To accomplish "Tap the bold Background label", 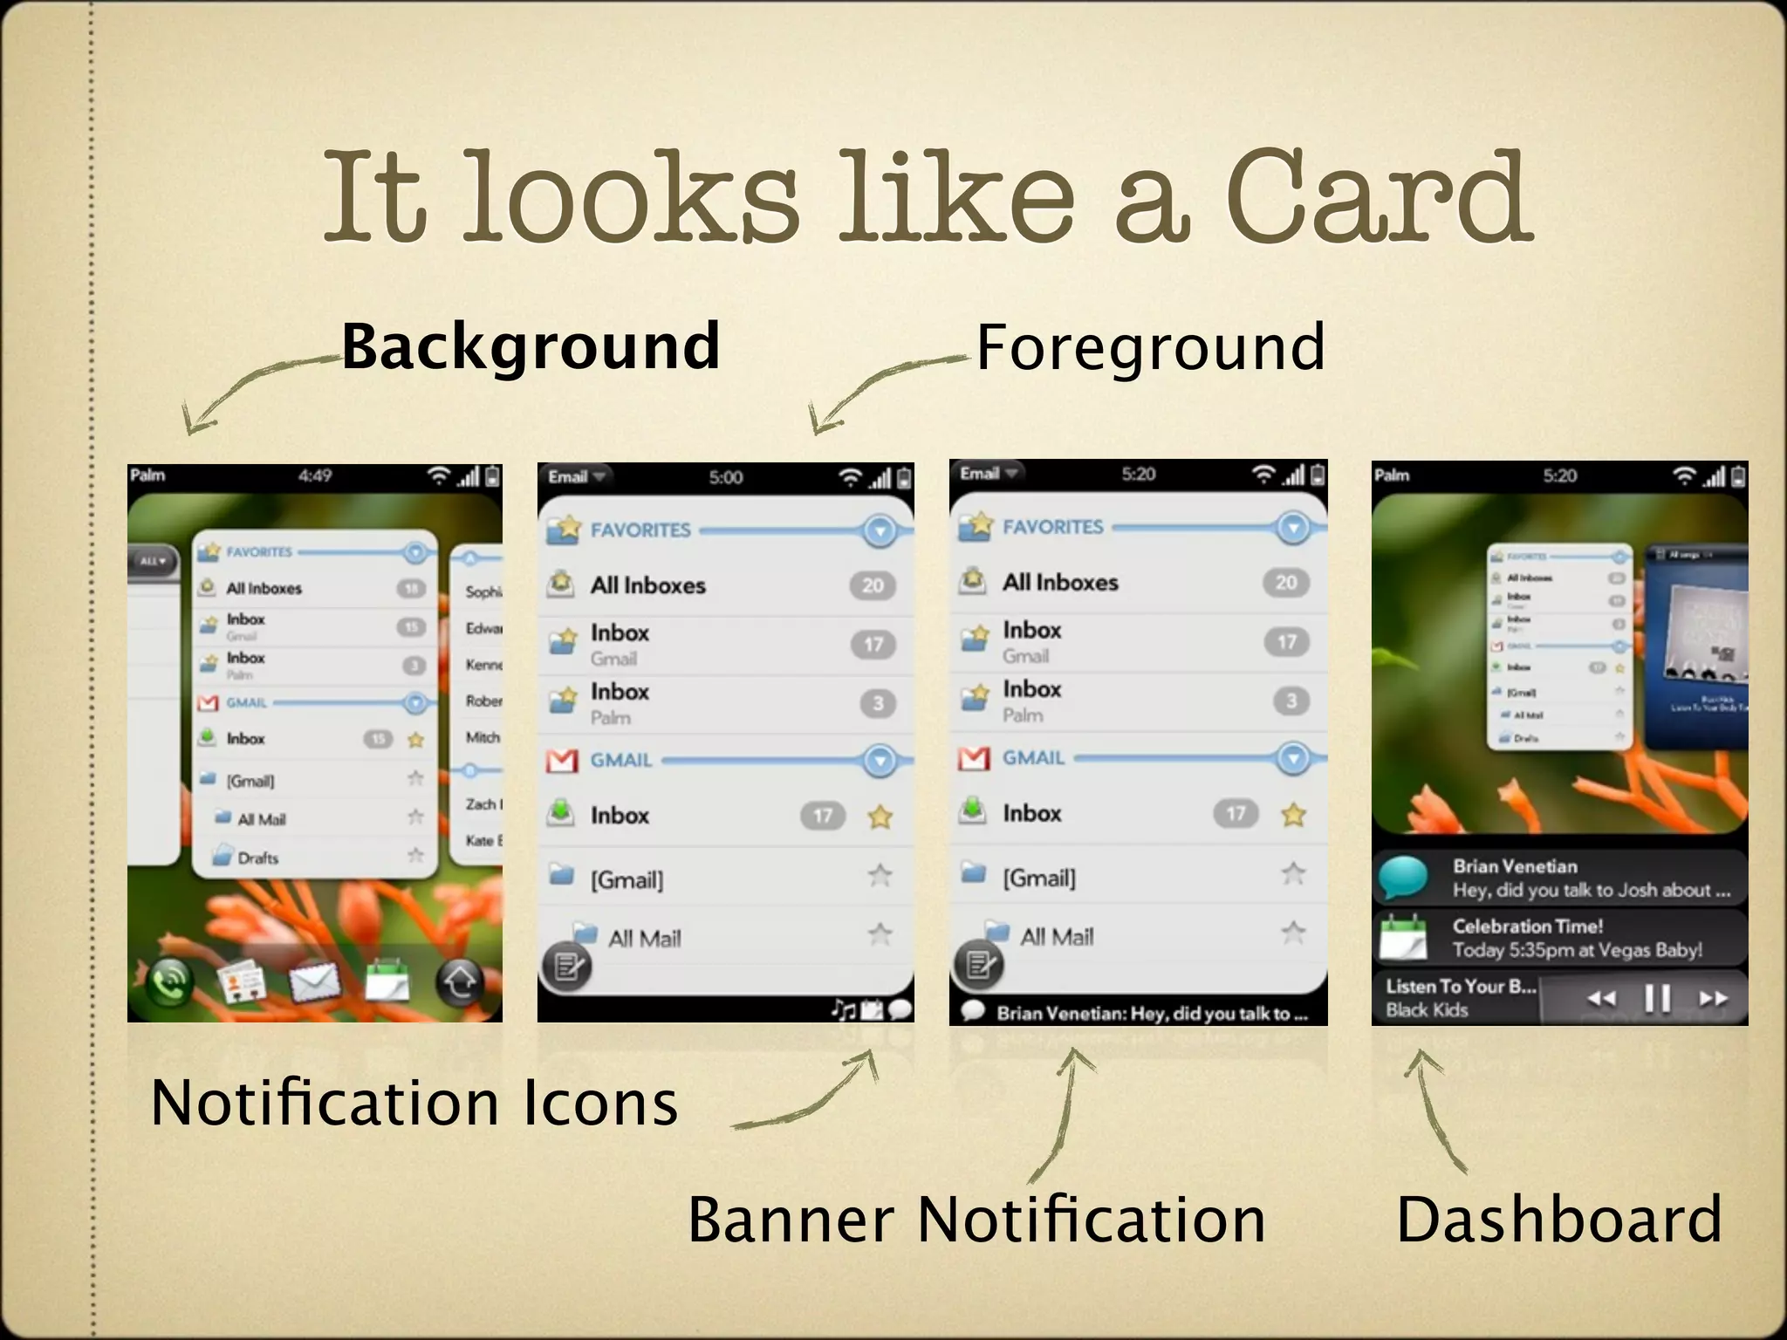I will coord(530,347).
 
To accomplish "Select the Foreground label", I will coord(1150,347).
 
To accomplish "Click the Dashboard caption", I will coord(1559,1219).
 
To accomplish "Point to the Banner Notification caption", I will coord(976,1219).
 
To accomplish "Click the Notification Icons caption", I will coord(414,1103).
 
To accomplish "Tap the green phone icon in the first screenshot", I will coord(170,982).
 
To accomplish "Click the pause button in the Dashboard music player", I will coord(1657,998).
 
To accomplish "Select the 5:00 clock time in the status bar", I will coord(726,477).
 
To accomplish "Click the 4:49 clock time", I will coord(315,475).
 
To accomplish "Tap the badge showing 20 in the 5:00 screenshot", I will coord(873,585).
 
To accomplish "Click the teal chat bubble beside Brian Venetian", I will coord(1404,878).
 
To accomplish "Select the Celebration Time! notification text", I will coord(1528,926).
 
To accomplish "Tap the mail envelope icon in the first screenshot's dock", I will coord(314,983).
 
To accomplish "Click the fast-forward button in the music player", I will coord(1713,998).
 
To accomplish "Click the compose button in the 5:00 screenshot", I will coord(567,967).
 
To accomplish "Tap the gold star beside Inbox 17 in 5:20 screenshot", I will coord(1293,815).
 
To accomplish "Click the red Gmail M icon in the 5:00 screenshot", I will coord(562,761).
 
